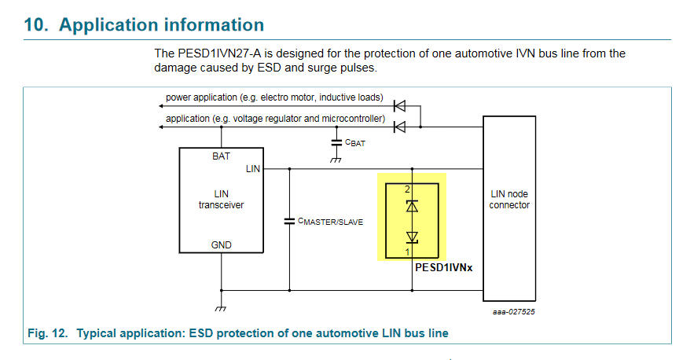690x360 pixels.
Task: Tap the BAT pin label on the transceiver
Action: [222, 156]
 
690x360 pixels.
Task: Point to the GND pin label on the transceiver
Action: [222, 244]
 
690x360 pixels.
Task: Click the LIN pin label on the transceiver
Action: [253, 168]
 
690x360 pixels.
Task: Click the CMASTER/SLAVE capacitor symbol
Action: [289, 222]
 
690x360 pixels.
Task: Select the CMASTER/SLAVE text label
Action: [331, 222]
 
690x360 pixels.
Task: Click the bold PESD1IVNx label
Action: [444, 267]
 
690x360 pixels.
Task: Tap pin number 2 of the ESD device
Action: [408, 189]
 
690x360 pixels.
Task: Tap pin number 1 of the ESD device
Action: [408, 252]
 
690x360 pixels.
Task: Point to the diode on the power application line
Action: [398, 105]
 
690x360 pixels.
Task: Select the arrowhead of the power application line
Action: [159, 105]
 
